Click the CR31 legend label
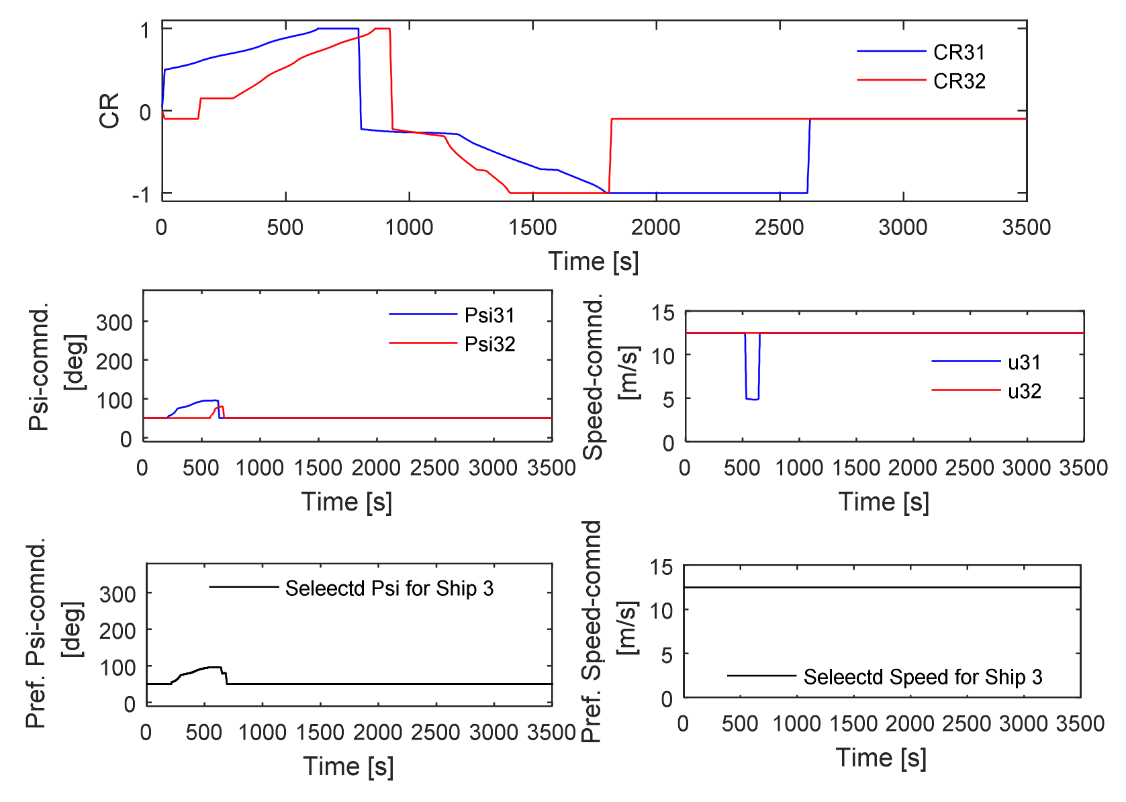coord(959,52)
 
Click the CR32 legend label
coord(959,81)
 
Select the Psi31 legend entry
coord(489,315)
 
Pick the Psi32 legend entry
coord(489,344)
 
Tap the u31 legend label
coord(1024,363)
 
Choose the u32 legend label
coord(1024,391)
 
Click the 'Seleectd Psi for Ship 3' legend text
coord(389,588)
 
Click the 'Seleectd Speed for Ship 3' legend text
coord(923,677)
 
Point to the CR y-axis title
coord(109,111)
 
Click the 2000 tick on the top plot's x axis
coord(655,227)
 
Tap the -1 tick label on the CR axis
coord(140,195)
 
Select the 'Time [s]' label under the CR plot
coord(594,261)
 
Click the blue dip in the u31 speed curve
coord(752,398)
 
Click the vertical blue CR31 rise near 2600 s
coord(808,154)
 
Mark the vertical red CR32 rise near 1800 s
coord(610,154)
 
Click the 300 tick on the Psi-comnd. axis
coord(114,322)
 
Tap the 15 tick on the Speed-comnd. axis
coord(662,312)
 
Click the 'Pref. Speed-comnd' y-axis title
coord(591,631)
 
